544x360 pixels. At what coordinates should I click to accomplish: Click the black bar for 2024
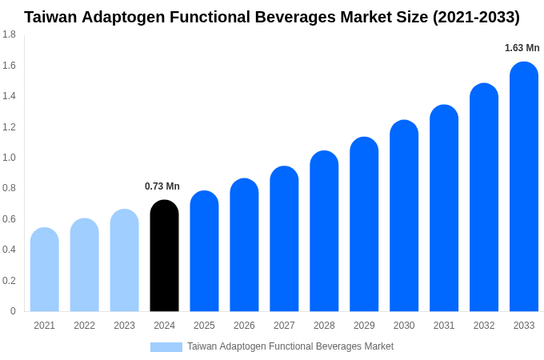[x=164, y=256]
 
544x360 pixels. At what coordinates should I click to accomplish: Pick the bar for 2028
[x=324, y=231]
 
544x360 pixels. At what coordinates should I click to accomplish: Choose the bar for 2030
[x=404, y=216]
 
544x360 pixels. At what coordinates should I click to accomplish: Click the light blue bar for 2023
[x=124, y=261]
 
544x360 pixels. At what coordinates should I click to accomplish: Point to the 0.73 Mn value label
[x=162, y=186]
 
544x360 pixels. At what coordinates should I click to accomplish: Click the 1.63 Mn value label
[x=522, y=48]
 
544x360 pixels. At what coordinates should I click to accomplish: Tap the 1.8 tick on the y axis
[x=9, y=34]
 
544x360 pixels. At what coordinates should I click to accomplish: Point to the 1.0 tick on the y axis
[x=9, y=158]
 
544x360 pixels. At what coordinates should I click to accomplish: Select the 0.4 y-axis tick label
[x=9, y=250]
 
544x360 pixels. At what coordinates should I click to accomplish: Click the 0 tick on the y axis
[x=13, y=311]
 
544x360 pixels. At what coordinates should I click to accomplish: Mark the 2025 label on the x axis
[x=204, y=326]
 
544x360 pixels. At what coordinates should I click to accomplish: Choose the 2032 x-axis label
[x=484, y=326]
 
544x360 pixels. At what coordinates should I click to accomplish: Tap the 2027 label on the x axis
[x=284, y=326]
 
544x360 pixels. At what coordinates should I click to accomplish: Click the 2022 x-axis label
[x=84, y=326]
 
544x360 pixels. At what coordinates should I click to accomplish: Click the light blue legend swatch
[x=166, y=347]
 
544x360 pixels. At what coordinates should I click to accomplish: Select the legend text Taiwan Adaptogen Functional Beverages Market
[x=290, y=346]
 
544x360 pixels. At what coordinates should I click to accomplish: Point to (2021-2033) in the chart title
[x=476, y=17]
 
